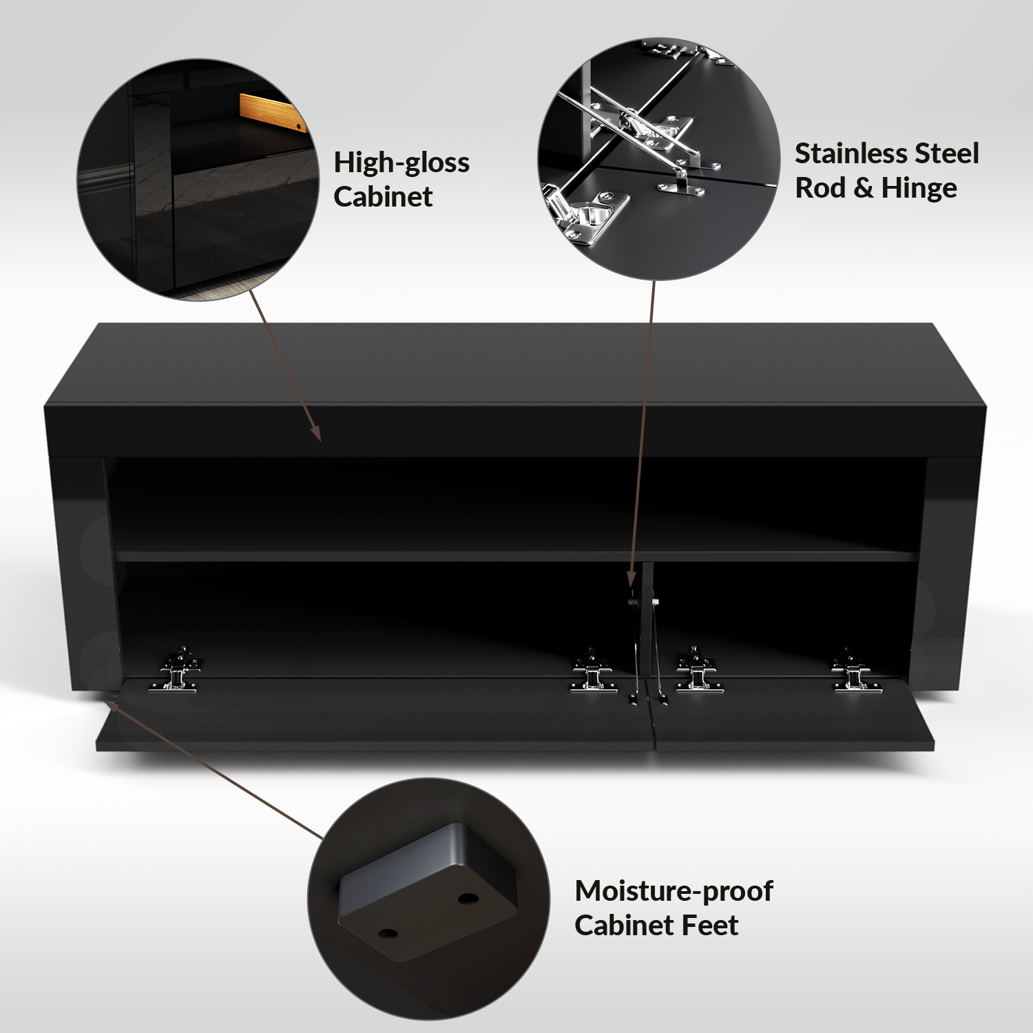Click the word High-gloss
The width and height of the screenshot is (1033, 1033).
[401, 163]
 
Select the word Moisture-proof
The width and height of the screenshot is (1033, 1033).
[674, 891]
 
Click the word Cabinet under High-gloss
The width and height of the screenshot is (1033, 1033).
[383, 197]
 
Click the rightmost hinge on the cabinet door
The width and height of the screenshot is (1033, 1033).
[854, 671]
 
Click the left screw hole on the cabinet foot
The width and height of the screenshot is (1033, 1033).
[388, 935]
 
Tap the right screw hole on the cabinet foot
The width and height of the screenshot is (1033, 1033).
[468, 899]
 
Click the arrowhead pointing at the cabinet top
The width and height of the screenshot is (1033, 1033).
[316, 432]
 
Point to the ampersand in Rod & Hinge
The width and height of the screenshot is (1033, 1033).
[863, 188]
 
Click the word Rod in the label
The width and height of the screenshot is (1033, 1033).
[820, 188]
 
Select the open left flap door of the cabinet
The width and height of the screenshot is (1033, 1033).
[375, 716]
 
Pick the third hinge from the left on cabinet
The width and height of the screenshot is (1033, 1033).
[697, 671]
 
